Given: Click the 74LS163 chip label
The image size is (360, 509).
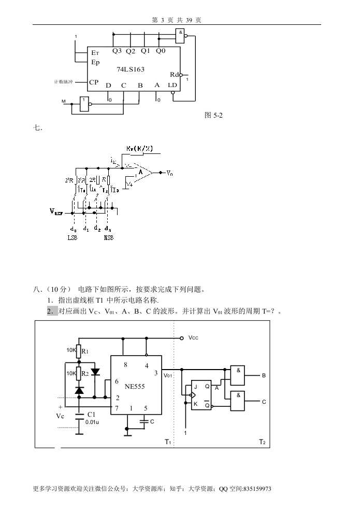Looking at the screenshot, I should [130, 69].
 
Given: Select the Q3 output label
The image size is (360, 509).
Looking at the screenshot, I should [117, 51].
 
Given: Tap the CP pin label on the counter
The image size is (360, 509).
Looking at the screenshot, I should [94, 82].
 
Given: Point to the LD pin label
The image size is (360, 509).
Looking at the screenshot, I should [172, 85].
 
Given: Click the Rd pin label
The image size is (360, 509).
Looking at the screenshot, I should [175, 75].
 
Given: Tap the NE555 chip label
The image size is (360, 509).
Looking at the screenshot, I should [135, 386].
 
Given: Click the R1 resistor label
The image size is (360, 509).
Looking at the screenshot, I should [85, 351].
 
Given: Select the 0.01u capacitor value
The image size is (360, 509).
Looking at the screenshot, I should [92, 422].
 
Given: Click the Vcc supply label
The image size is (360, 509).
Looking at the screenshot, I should [193, 338].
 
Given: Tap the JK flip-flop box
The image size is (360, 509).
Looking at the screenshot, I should [201, 395].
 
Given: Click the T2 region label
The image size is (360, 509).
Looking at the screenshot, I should [262, 442].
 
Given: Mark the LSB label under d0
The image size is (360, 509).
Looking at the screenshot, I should [73, 237].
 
